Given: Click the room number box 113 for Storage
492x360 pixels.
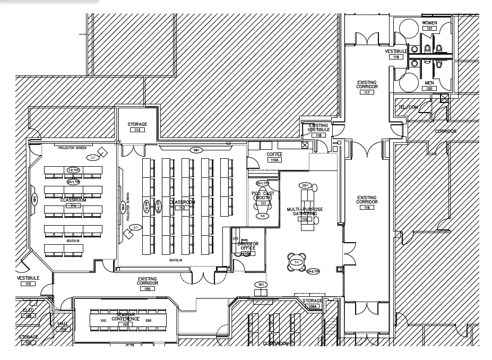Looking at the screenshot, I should (137, 130).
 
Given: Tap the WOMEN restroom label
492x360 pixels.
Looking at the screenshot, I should (429, 23).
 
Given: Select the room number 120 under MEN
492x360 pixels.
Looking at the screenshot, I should (429, 89).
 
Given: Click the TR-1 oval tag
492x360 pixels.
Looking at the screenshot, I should (260, 285).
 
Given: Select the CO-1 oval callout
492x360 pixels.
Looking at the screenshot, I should (305, 185).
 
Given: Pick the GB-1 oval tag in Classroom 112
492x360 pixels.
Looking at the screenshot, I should (196, 150).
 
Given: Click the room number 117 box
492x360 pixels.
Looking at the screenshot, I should (367, 92).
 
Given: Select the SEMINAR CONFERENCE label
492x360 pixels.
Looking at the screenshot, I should (125, 316).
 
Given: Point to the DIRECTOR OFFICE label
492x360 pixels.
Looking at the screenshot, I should (248, 246).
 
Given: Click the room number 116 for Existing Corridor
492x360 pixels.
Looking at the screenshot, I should (367, 207).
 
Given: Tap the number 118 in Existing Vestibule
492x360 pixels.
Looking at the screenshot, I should (319, 135).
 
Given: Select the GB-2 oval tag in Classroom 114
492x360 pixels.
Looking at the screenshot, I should (34, 199).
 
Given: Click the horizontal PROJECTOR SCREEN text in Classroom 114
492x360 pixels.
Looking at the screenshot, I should (73, 148).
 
